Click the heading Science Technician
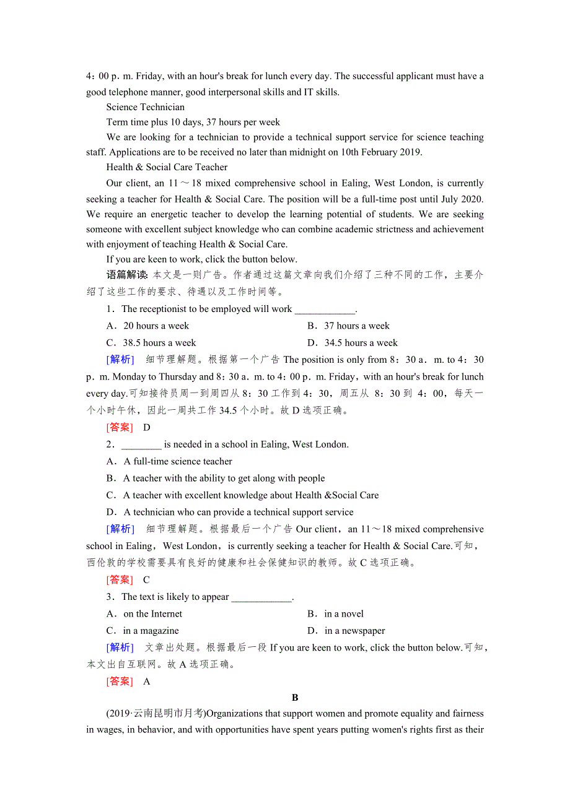pos(145,107)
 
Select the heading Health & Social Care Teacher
pos(167,167)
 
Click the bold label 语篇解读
pos(127,275)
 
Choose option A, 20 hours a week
pos(148,326)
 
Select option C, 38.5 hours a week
pos(151,343)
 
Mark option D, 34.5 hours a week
pos(353,343)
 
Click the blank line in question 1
pos(325,310)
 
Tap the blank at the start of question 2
pos(141,444)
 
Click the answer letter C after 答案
pos(146,580)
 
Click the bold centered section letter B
pos(295,698)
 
